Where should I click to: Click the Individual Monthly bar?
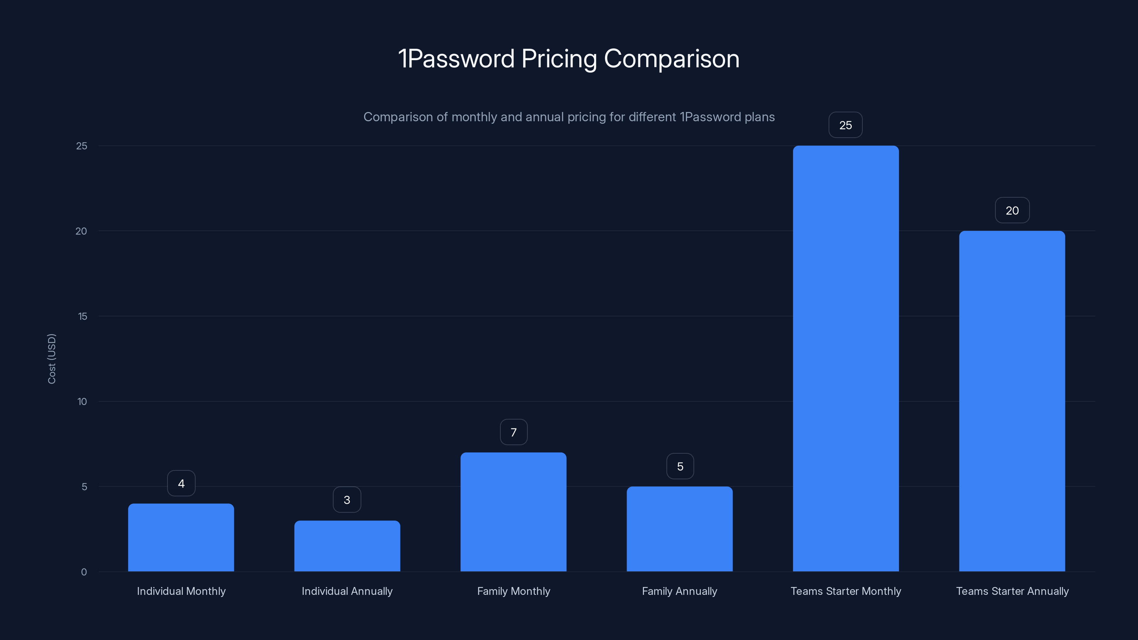181,538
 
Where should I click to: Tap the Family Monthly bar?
513,512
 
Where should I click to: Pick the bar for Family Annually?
680,529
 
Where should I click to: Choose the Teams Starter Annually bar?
1012,401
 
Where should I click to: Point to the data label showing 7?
513,432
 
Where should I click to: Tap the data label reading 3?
347,500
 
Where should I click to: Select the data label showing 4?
181,483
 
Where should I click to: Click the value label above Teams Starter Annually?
1012,210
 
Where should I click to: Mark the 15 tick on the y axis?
82,316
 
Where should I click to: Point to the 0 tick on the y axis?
84,572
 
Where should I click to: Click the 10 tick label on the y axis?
82,401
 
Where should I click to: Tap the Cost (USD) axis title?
52,359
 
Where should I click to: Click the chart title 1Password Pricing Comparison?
569,58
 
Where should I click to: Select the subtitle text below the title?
569,117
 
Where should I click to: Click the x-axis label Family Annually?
680,591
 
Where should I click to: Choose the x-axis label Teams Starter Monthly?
846,591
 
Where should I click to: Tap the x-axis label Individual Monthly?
181,591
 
